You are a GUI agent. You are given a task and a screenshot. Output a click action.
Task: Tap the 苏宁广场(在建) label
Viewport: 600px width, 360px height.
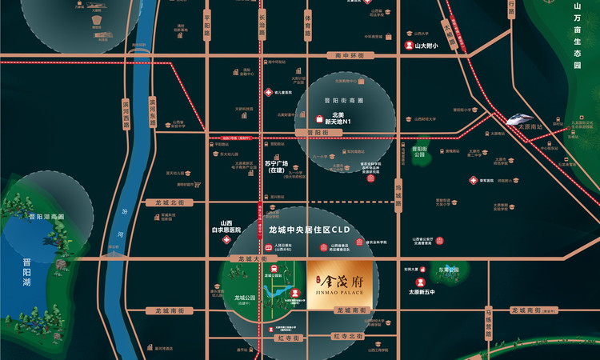[x=275, y=166]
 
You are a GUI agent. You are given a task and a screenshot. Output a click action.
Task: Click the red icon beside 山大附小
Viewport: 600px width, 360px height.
[x=409, y=46]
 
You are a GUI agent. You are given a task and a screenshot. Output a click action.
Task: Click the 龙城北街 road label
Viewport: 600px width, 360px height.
[x=170, y=202]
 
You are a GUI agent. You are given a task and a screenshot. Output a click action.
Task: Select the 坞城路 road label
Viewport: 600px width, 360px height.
[x=398, y=193]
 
